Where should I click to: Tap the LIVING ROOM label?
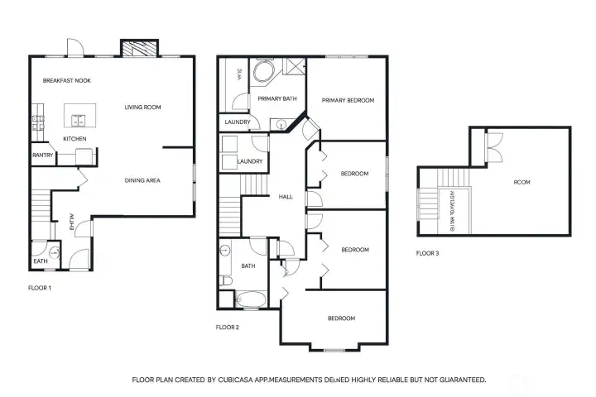(142, 107)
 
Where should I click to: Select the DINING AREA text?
(142, 180)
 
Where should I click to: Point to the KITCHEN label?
(74, 138)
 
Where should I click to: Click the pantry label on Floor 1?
(43, 155)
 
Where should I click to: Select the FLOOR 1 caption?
(40, 288)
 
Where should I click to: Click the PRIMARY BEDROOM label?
(348, 100)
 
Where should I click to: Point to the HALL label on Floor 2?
(286, 197)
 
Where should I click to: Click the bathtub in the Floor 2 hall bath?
(249, 299)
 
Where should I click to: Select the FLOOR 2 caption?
(227, 328)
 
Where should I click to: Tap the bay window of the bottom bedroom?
(334, 346)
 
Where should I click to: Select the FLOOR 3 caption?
(427, 253)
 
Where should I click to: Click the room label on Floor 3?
(521, 182)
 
